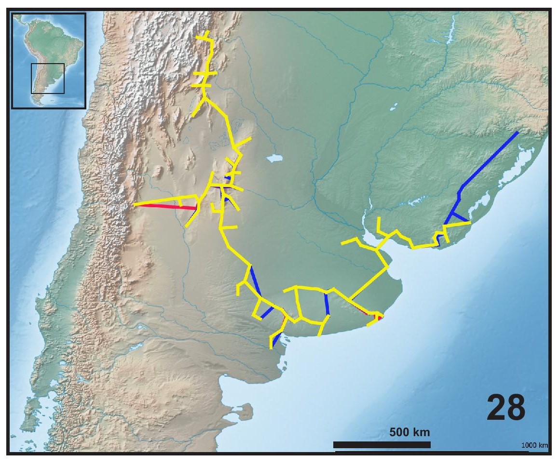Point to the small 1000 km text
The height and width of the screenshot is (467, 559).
pyautogui.click(x=534, y=445)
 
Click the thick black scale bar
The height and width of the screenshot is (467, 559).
pyautogui.click(x=382, y=444)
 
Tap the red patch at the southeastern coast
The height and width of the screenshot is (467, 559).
pyautogui.click(x=379, y=317)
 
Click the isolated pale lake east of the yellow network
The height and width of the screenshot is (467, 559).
pyautogui.click(x=273, y=158)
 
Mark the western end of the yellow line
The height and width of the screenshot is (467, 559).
pyautogui.click(x=135, y=205)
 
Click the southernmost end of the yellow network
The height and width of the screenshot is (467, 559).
pyautogui.click(x=271, y=347)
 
